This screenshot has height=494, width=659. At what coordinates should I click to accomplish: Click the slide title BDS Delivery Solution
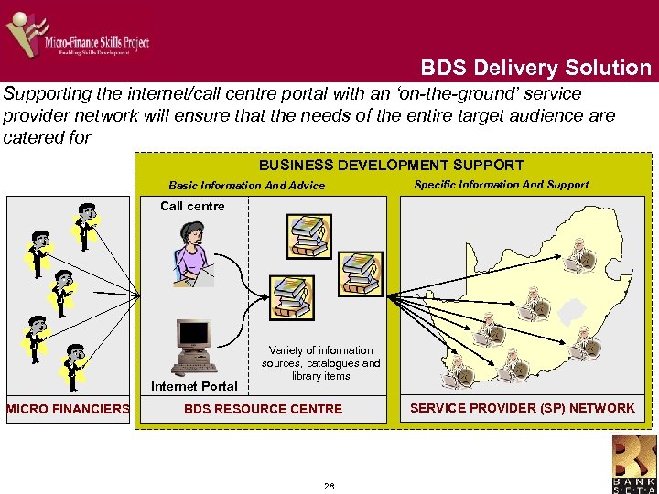click(x=535, y=68)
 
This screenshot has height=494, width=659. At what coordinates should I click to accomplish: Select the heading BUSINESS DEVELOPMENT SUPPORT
click(x=391, y=166)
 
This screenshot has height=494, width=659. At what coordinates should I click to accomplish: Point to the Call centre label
click(x=192, y=206)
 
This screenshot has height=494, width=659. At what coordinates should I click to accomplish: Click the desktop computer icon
click(x=195, y=349)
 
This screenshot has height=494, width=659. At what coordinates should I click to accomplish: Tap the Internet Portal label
click(x=194, y=386)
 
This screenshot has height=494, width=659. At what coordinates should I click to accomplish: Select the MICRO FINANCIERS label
click(x=68, y=409)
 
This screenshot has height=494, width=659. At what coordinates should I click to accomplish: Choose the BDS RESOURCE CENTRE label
click(x=263, y=409)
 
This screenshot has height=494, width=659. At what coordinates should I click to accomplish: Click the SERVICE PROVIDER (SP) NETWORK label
click(x=522, y=408)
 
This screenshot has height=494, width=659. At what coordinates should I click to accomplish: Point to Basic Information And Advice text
click(x=247, y=186)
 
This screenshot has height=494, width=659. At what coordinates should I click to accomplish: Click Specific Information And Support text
click(x=502, y=185)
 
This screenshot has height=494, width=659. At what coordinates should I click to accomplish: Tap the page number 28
click(x=329, y=486)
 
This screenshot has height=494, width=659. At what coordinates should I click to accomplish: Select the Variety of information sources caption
click(x=320, y=363)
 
